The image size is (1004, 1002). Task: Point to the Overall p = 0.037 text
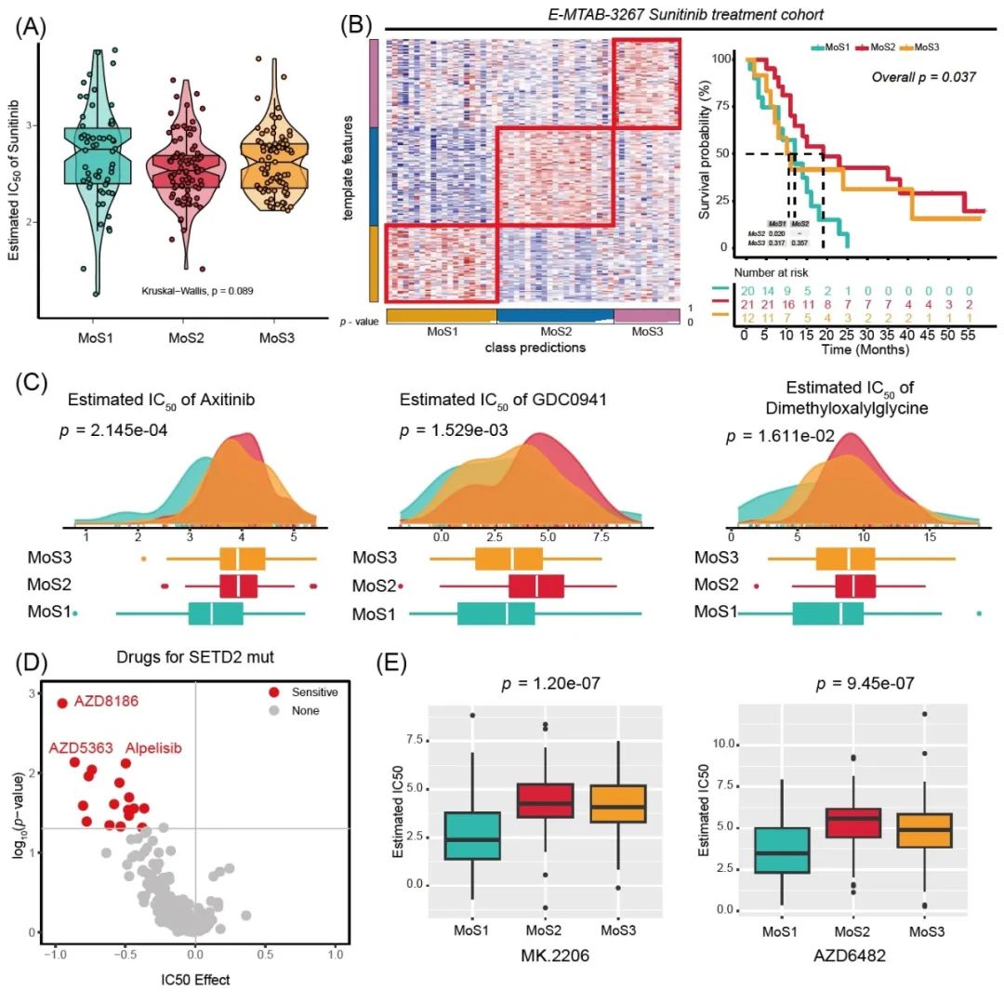(x=923, y=76)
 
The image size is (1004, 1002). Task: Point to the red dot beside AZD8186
(x=62, y=703)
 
